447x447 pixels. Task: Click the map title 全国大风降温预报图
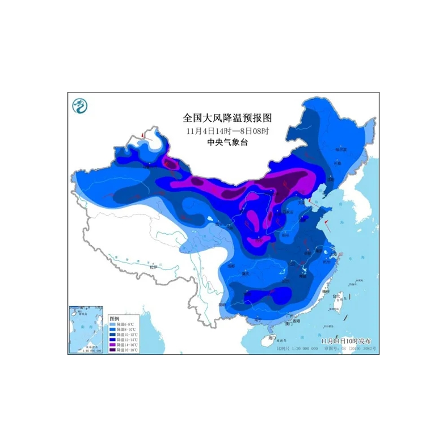coord(227,118)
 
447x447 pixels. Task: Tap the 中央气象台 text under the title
coord(227,142)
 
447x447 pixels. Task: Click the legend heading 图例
coord(114,318)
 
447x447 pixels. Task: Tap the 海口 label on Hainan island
coord(271,338)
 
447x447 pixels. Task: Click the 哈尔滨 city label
coord(340,149)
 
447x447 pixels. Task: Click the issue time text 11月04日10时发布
coord(347,340)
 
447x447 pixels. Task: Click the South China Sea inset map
coord(86,330)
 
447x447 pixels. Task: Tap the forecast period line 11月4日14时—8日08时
coord(227,130)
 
